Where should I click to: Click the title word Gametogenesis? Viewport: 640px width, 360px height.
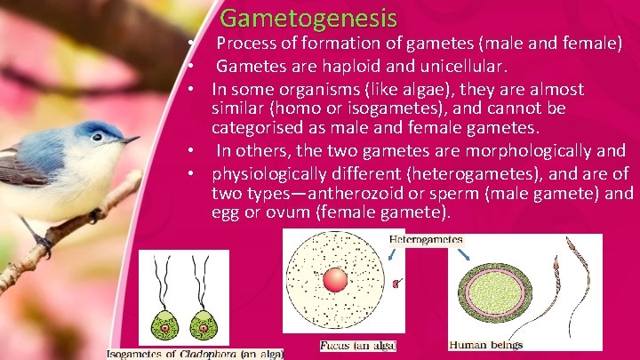pyautogui.click(x=308, y=17)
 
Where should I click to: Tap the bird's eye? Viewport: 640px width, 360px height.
pyautogui.click(x=96, y=138)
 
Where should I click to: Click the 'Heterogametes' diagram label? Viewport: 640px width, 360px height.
pyautogui.click(x=426, y=240)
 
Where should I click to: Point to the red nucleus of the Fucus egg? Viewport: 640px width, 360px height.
pyautogui.click(x=336, y=280)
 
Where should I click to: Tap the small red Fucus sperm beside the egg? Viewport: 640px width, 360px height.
pyautogui.click(x=396, y=284)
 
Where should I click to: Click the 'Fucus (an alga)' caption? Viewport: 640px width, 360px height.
pyautogui.click(x=357, y=345)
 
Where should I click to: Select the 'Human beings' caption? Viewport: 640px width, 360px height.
pyautogui.click(x=486, y=345)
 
